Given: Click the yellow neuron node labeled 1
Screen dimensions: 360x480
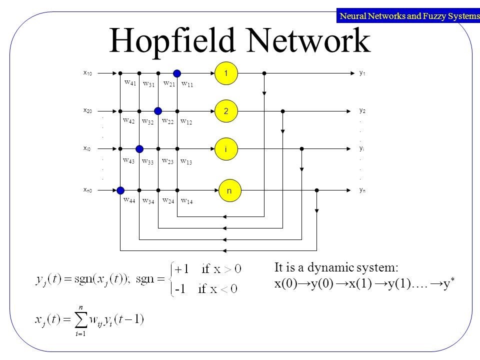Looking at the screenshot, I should point(226,73).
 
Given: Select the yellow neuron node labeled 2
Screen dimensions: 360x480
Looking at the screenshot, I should point(226,110).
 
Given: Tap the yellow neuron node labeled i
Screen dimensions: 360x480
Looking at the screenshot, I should point(226,148).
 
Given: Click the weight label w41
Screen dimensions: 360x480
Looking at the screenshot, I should point(130,83).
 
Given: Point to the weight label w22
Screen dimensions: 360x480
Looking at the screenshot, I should point(168,120).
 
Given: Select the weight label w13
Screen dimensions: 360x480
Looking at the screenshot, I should point(186,161).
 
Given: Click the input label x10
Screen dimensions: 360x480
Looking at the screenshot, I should point(87,73).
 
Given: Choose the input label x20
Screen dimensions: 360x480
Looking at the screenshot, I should point(87,110).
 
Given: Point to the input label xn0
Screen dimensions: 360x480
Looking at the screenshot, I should point(87,190).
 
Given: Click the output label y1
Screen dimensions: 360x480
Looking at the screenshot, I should point(362,73).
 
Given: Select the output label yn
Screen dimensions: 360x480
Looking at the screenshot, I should point(362,190).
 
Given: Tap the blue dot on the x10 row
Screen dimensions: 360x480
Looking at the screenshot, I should point(177,73).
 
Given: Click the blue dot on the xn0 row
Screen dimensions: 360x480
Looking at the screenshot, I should point(120,190).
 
